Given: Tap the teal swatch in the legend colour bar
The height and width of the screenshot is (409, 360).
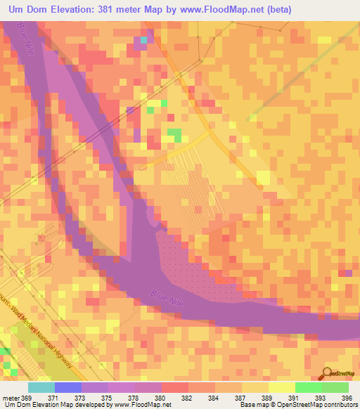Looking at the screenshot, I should (41, 387).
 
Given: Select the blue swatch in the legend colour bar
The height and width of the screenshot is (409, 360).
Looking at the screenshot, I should (68, 387).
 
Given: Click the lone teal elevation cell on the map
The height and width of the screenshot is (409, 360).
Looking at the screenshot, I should (144, 40).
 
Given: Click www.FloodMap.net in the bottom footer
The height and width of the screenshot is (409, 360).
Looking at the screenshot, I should (145, 405).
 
